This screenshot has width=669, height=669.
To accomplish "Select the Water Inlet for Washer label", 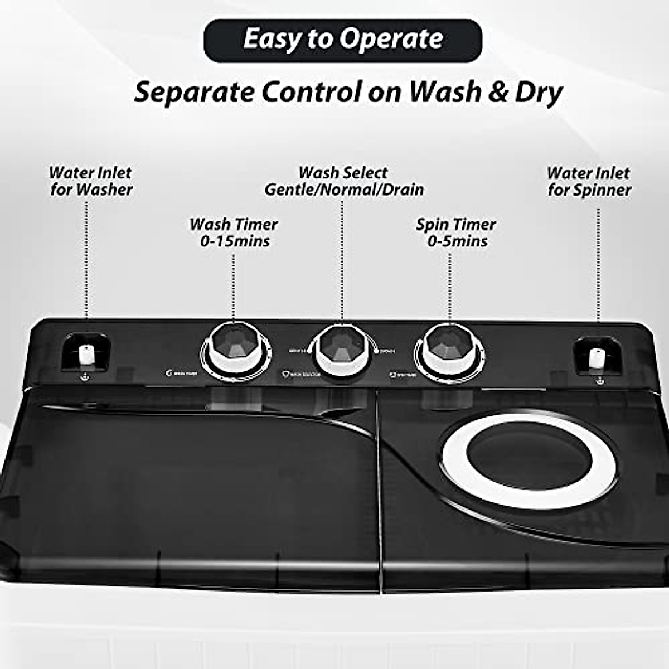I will click(90, 181).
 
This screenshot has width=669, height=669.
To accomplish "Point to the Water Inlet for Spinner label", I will click(589, 181).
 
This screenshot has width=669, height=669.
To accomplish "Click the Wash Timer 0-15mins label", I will click(234, 232).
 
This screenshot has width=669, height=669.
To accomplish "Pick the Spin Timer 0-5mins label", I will click(456, 232).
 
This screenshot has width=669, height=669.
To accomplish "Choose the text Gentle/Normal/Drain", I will click(344, 190).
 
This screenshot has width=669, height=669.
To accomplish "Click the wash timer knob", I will click(236, 350).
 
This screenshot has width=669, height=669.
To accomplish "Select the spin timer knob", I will click(448, 350).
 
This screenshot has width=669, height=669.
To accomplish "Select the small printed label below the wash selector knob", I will click(302, 375).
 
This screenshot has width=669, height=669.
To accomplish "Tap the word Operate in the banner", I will click(392, 39).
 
